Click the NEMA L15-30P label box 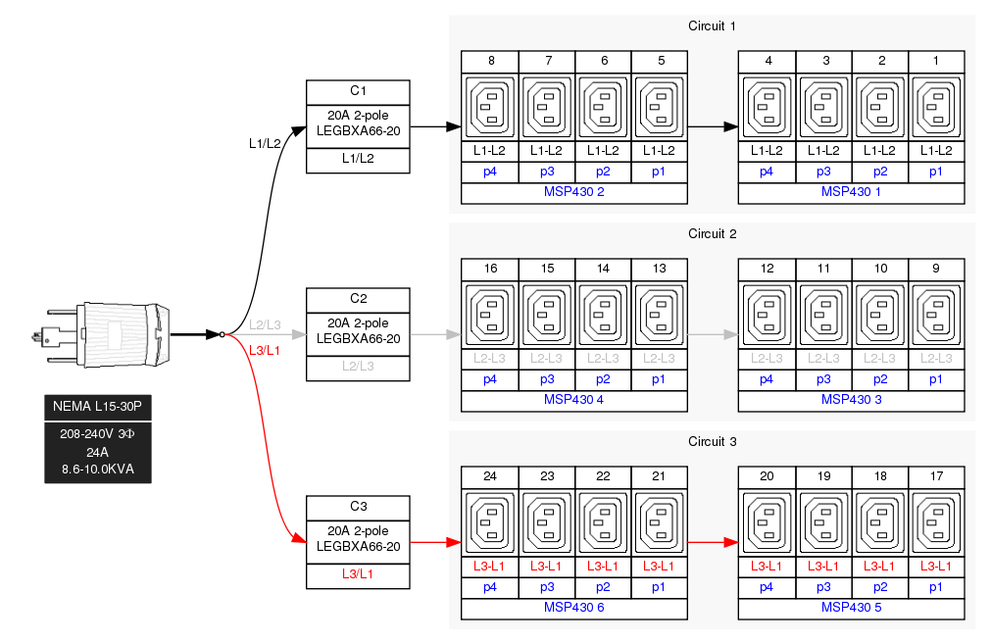tap(98, 406)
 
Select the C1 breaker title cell tap(358, 91)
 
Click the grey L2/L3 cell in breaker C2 tap(358, 366)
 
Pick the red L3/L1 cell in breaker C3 tap(358, 573)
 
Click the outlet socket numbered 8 tap(491, 107)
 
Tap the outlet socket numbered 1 tap(936, 107)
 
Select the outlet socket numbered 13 tap(661, 315)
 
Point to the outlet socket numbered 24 tap(491, 522)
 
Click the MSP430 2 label tap(573, 191)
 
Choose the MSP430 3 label tap(851, 399)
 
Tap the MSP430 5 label tap(851, 607)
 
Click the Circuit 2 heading tap(712, 233)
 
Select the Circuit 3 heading tap(712, 441)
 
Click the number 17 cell tap(936, 476)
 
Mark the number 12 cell tap(768, 269)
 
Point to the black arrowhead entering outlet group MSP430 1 tap(730, 126)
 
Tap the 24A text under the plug tap(98, 452)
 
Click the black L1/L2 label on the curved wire tap(265, 143)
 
